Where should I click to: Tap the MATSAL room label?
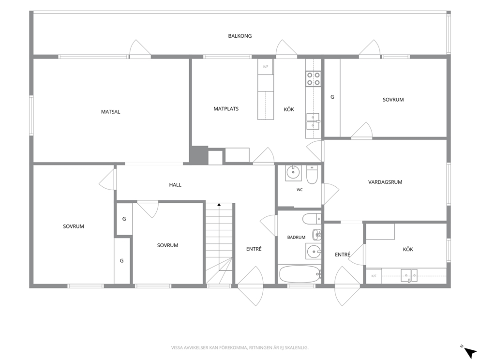[110, 112]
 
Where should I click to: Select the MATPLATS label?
[226, 109]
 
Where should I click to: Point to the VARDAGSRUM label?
[385, 182]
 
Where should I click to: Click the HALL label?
[175, 184]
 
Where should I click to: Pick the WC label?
[300, 190]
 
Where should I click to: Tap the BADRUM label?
[296, 237]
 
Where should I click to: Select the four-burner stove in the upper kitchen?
[313, 78]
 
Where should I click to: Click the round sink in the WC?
[293, 173]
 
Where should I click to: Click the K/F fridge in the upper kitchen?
[265, 66]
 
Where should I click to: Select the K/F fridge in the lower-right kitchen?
[374, 276]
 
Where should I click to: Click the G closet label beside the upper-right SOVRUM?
[332, 97]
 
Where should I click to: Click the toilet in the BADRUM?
[312, 219]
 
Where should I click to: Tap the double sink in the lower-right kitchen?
[409, 275]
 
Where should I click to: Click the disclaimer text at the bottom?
[240, 347]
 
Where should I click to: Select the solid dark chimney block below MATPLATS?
[198, 154]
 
